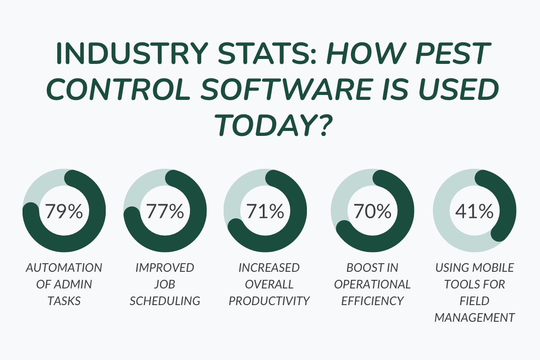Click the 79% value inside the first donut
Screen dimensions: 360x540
pos(64,211)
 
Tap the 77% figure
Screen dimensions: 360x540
pos(165,211)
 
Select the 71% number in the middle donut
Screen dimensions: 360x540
pos(265,211)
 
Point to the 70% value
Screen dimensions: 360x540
pos(372,211)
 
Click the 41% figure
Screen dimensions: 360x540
pos(474,211)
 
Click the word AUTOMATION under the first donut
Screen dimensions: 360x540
pos(64,268)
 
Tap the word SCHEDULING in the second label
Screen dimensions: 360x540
pos(165,301)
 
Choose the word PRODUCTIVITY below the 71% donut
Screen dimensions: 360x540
pos(269,301)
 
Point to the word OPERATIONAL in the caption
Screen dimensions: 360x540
pos(372,284)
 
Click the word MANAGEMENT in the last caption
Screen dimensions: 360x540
pos(474,318)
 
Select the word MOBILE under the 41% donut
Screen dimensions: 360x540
pos(493,268)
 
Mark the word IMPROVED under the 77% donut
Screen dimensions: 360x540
pos(165,268)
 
